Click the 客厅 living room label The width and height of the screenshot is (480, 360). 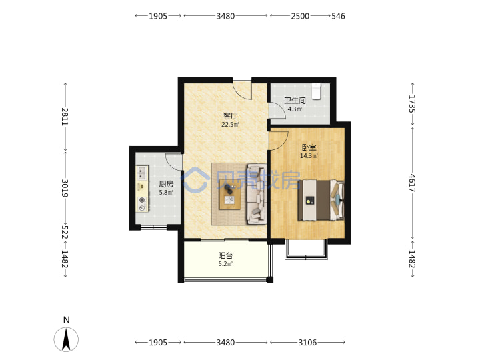231,116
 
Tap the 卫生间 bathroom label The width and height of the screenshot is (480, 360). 295,101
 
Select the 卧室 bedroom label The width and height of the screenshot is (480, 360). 309,147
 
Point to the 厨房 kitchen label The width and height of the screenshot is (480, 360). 166,184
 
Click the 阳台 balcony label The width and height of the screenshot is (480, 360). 225,255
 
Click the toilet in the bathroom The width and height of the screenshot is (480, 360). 316,91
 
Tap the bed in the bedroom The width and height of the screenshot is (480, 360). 321,200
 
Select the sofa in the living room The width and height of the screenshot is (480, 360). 257,194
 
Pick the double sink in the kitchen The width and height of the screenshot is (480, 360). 141,173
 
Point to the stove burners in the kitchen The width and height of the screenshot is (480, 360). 142,204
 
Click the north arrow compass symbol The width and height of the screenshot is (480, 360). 66,339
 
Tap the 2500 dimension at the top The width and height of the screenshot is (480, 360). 300,16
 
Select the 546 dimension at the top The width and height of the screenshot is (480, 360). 338,16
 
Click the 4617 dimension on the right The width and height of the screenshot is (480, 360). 413,183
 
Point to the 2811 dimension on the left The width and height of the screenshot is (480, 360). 65,117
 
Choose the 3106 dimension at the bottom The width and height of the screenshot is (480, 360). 307,342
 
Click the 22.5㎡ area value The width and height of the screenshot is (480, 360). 231,124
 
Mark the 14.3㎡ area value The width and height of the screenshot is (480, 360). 309,155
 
